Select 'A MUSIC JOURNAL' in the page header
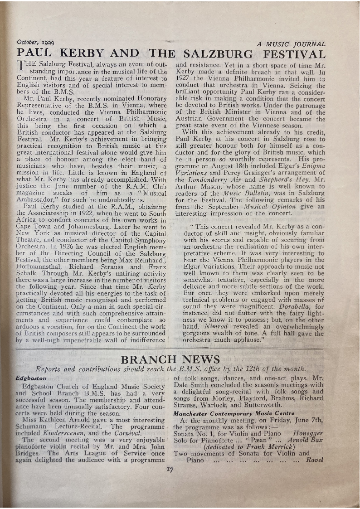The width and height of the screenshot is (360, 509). point(291,44)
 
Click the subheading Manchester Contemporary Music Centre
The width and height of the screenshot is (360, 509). point(234,413)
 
